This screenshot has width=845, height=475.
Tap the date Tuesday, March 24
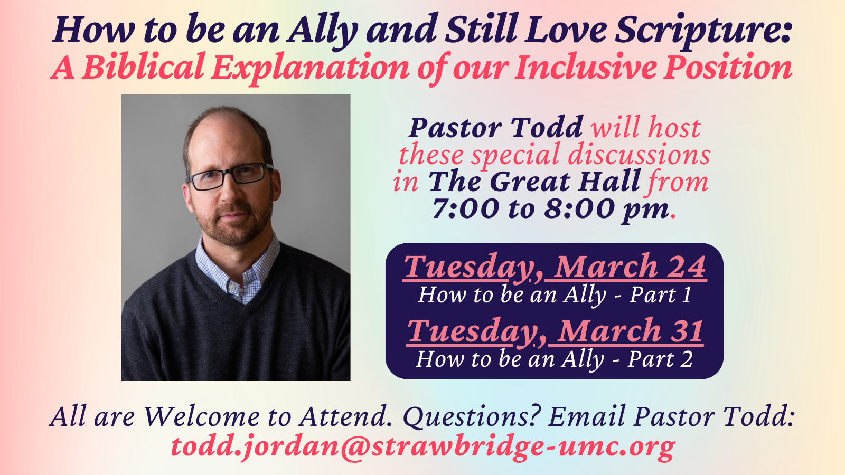pyautogui.click(x=555, y=268)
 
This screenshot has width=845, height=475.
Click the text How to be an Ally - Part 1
pyautogui.click(x=555, y=295)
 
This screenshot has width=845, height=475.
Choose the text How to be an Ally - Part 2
pyautogui.click(x=555, y=359)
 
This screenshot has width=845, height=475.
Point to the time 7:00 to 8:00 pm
pyautogui.click(x=550, y=210)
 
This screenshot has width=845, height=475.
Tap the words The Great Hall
pyautogui.click(x=534, y=182)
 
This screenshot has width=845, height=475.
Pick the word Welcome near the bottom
pyautogui.click(x=202, y=417)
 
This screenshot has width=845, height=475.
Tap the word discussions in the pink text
pyautogui.click(x=639, y=155)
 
